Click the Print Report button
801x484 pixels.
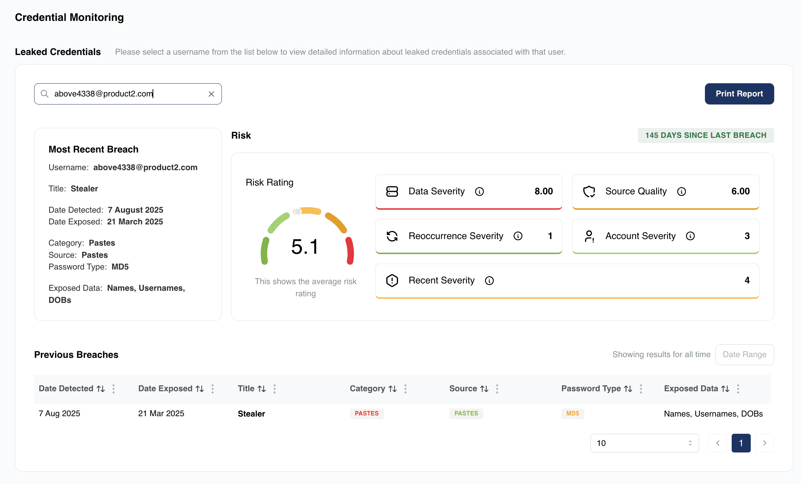click(x=739, y=94)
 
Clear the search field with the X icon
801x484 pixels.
click(x=211, y=94)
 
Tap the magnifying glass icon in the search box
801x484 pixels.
click(x=45, y=94)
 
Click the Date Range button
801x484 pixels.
click(x=745, y=355)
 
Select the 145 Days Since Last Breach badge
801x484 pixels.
click(x=706, y=135)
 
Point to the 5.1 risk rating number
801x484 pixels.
click(x=305, y=246)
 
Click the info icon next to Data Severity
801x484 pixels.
click(x=479, y=191)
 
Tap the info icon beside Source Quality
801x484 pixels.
click(x=681, y=191)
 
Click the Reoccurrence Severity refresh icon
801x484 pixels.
click(x=392, y=236)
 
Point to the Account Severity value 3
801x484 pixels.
click(x=747, y=236)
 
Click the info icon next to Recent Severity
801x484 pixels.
click(x=489, y=280)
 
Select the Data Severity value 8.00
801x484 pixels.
click(x=544, y=191)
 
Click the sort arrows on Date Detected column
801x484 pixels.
click(x=101, y=389)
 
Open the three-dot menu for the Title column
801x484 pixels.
click(x=274, y=389)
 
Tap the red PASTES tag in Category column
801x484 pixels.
click(x=367, y=414)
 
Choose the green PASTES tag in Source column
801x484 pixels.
click(x=466, y=414)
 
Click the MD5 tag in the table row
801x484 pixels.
click(x=573, y=414)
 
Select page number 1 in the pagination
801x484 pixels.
click(x=741, y=443)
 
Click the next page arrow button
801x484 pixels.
click(x=764, y=443)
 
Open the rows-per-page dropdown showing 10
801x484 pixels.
click(x=644, y=443)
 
